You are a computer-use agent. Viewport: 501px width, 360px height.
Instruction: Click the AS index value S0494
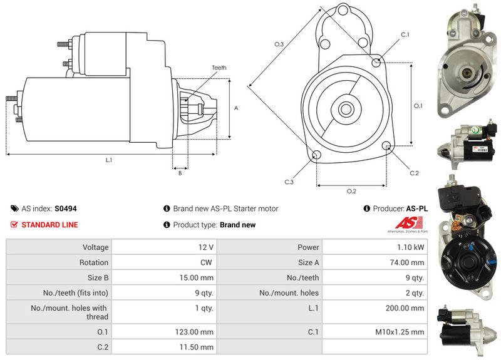pos(66,208)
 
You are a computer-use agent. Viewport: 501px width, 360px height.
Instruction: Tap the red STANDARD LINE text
pos(49,225)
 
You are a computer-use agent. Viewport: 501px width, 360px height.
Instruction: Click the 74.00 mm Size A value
pos(406,262)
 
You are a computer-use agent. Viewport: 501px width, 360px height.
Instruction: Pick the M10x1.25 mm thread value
pos(400,332)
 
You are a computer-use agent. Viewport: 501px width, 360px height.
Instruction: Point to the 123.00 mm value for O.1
pos(194,332)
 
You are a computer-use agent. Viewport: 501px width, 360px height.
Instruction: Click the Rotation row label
pos(94,262)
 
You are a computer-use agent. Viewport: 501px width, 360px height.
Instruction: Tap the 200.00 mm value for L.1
pos(405,308)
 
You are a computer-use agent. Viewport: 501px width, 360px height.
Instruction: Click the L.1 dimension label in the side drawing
pos(109,160)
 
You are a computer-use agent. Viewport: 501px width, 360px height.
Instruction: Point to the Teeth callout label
pos(219,68)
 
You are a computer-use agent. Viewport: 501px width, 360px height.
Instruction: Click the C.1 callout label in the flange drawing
pos(405,34)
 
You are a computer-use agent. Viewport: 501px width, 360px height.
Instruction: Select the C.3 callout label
pos(289,182)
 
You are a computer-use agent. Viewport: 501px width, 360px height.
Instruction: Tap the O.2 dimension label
pos(351,191)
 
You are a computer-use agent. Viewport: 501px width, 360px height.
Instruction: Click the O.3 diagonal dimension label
pos(279,44)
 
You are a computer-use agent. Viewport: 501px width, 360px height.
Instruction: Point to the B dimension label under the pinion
pos(180,173)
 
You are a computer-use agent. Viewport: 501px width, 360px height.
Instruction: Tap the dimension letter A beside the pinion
pos(236,108)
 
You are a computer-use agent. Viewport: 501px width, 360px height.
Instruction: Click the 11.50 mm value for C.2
pos(196,347)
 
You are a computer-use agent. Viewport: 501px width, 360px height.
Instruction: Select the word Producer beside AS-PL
pos(388,208)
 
